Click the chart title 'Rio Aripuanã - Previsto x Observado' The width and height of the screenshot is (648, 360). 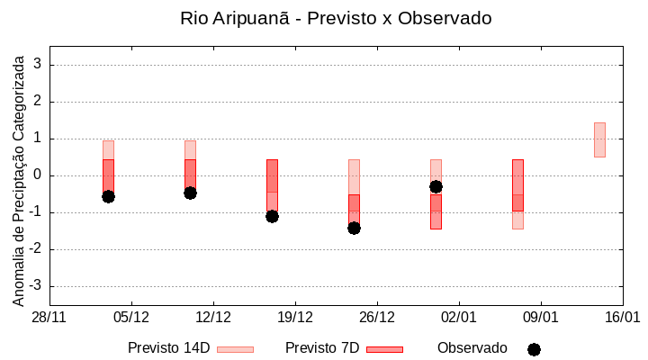(x=336, y=19)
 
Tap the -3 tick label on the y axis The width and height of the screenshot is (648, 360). (x=35, y=286)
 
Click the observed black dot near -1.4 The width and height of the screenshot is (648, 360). (x=354, y=228)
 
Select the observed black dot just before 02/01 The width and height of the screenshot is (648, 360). (x=436, y=186)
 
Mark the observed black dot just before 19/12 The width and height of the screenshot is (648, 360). (x=272, y=216)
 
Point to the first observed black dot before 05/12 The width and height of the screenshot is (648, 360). (x=108, y=196)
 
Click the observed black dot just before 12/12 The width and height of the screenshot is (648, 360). (x=190, y=193)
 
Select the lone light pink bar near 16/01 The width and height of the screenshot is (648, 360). (x=599, y=139)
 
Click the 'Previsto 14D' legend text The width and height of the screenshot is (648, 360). (x=168, y=348)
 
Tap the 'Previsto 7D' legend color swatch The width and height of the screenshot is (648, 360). (x=384, y=349)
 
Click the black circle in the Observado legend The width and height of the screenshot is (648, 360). (x=534, y=349)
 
